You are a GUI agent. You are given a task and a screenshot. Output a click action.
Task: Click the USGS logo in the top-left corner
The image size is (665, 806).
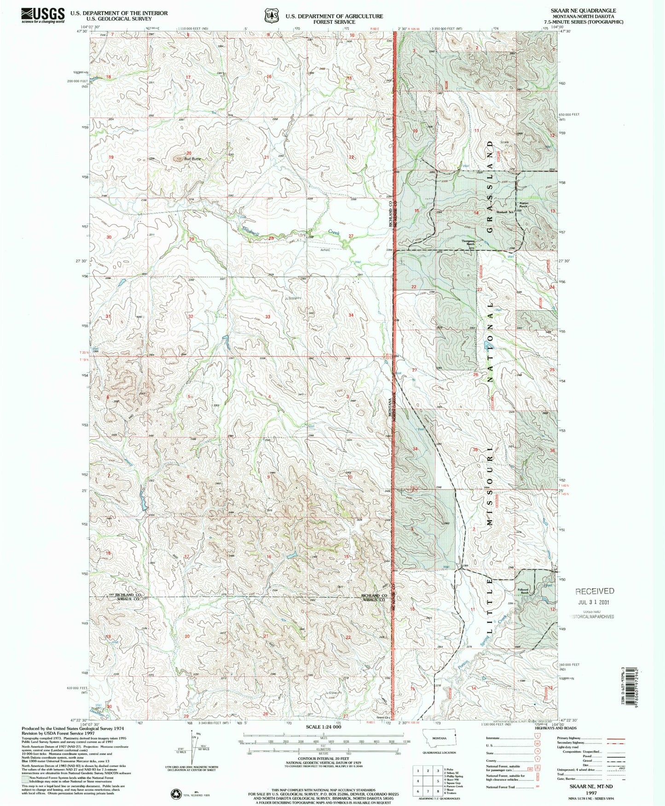coord(42,15)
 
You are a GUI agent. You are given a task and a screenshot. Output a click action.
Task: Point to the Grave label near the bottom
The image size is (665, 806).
coord(333,692)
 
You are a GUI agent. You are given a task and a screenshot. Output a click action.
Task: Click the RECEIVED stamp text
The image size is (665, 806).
coord(595,591)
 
